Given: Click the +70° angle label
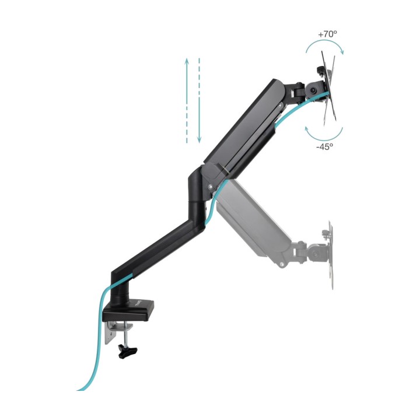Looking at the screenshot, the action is coord(327,34).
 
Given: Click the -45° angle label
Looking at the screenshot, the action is coord(325,146).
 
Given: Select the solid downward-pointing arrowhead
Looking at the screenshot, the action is coord(199,139).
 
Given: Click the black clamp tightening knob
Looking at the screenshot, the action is coord(127,351).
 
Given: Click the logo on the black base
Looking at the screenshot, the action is coord(138,304).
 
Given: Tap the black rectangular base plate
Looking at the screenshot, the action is coord(129,311).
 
